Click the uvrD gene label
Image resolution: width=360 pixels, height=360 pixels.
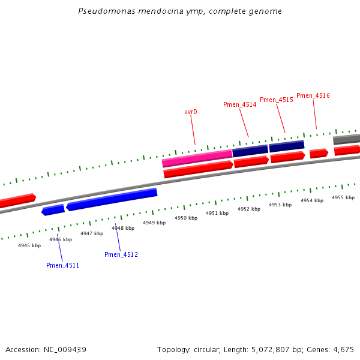tap(191, 112)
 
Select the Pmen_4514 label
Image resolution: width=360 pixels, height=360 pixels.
tap(240, 104)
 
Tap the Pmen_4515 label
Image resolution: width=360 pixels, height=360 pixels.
tap(277, 100)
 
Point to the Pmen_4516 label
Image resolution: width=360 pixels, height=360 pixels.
tap(313, 95)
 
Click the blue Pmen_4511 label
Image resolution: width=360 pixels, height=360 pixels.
tap(62, 265)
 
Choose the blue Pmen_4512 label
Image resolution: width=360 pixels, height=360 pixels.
tap(121, 254)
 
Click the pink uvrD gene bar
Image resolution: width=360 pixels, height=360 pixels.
tap(197, 158)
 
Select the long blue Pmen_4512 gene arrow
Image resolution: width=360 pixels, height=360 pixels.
tap(112, 199)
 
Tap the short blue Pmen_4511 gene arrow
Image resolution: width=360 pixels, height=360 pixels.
tap(53, 209)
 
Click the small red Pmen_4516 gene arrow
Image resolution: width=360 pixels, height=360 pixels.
tap(319, 153)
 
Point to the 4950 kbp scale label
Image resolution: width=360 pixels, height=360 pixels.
tap(186, 218)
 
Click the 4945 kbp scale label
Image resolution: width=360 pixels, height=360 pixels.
tap(29, 245)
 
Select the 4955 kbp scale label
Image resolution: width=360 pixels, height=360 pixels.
tap(343, 197)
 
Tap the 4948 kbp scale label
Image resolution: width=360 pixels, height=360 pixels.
tap(122, 228)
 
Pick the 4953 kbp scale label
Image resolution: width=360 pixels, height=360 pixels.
tap(280, 205)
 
